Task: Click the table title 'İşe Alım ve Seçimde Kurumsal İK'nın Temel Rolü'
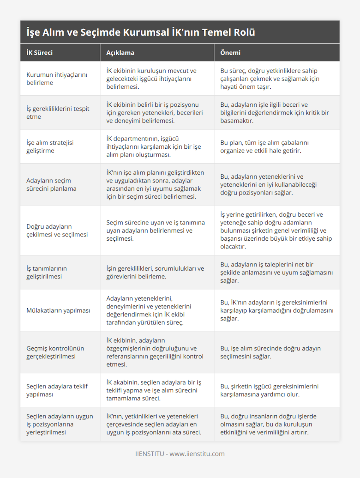pyautogui.click(x=141, y=32)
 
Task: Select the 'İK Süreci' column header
pyautogui.click(x=40, y=53)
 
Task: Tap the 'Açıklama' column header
pyautogui.click(x=120, y=53)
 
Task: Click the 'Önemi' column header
pyautogui.click(x=230, y=53)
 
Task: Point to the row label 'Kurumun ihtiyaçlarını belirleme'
pyautogui.click(x=57, y=79)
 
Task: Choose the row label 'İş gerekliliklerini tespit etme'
pyautogui.click(x=58, y=112)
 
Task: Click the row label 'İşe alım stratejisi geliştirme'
pyautogui.click(x=50, y=147)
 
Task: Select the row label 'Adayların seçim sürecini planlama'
pyautogui.click(x=51, y=184)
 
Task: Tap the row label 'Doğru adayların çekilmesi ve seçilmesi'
pyautogui.click(x=57, y=230)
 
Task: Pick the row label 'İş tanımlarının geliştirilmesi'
pyautogui.click(x=46, y=272)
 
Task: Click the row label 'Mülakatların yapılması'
pyautogui.click(x=58, y=310)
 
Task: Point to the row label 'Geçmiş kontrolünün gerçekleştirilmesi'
pyautogui.click(x=55, y=352)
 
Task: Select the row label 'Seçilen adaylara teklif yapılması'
pyautogui.click(x=57, y=390)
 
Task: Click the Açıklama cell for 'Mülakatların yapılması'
pyautogui.click(x=149, y=310)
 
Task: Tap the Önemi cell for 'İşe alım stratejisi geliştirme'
pyautogui.click(x=264, y=147)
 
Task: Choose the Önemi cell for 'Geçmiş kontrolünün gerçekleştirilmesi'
pyautogui.click(x=270, y=352)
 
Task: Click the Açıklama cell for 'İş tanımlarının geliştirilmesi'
pyautogui.click(x=155, y=272)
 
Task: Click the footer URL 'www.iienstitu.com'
pyautogui.click(x=197, y=454)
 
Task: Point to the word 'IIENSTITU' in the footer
pyautogui.click(x=150, y=454)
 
